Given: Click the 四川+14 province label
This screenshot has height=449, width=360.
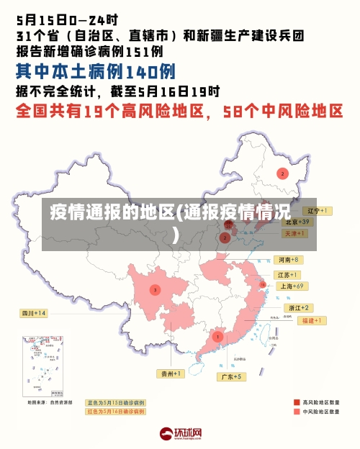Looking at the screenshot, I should [34, 313].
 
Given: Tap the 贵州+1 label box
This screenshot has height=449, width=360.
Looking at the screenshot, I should [172, 373].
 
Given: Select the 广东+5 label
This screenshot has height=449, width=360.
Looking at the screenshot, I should [233, 376].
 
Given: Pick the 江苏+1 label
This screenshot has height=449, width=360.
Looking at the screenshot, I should [288, 275].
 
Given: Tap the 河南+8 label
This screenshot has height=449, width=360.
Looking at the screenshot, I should [288, 259].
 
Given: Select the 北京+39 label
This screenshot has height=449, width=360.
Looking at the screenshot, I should [296, 222].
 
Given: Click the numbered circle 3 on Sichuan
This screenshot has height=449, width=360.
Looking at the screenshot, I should [155, 290].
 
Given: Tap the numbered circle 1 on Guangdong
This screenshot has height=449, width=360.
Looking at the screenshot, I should [217, 336].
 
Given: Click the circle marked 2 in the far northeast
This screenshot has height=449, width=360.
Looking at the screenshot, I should [283, 173].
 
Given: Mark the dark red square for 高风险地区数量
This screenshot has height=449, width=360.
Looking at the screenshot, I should [297, 402].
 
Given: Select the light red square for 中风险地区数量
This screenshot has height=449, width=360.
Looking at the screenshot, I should [297, 412].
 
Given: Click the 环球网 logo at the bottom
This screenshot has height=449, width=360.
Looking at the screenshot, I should [181, 434].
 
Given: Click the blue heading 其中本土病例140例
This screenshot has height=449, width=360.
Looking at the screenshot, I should [96, 71].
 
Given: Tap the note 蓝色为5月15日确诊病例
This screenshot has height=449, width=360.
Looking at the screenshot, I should [116, 403].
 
